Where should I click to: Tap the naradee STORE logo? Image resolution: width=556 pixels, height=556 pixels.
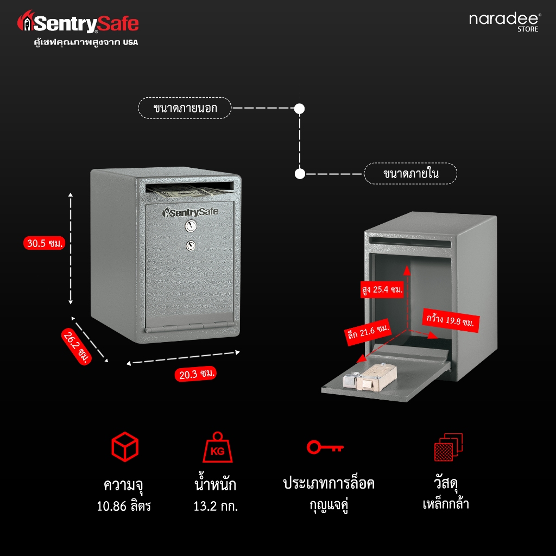tap(505, 22)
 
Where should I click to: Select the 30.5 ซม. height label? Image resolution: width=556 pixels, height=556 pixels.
tap(45, 243)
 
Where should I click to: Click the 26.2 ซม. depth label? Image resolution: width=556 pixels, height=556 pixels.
tap(77, 346)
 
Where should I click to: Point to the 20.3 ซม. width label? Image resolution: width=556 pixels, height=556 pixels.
tap(195, 374)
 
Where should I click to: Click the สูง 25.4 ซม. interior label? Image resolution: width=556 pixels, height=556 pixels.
tap(382, 289)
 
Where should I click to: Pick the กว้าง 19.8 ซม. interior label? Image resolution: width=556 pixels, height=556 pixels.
tap(450, 320)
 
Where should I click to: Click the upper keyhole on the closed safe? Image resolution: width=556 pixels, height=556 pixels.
tap(191, 226)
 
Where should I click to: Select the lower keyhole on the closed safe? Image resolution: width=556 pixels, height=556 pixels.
tap(191, 245)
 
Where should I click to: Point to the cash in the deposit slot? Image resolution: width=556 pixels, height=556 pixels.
tap(185, 192)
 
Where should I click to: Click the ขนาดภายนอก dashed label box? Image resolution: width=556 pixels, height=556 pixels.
tap(185, 108)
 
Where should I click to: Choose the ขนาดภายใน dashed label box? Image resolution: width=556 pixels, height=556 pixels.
tap(410, 173)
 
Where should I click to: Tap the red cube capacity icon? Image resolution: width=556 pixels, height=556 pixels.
tap(124, 447)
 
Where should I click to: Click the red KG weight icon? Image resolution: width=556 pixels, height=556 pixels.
tap(217, 447)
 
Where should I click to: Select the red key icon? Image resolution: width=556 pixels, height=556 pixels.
tap(325, 447)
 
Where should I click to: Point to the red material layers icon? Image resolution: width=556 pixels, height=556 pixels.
tap(448, 447)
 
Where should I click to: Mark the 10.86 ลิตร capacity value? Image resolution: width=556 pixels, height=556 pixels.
tap(124, 506)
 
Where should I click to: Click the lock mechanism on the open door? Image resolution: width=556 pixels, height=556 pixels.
tap(369, 378)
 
